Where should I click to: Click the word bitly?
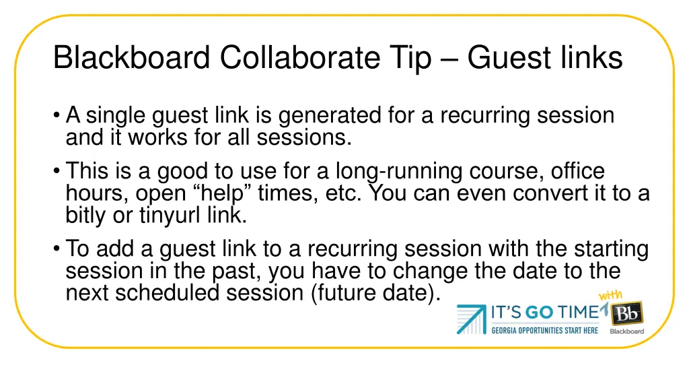(83, 216)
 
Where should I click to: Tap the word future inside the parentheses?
(349, 294)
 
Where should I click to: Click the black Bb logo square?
(626, 313)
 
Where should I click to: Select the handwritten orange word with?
(611, 296)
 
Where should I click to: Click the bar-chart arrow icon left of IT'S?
(472, 319)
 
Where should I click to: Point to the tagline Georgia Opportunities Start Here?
(544, 330)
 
